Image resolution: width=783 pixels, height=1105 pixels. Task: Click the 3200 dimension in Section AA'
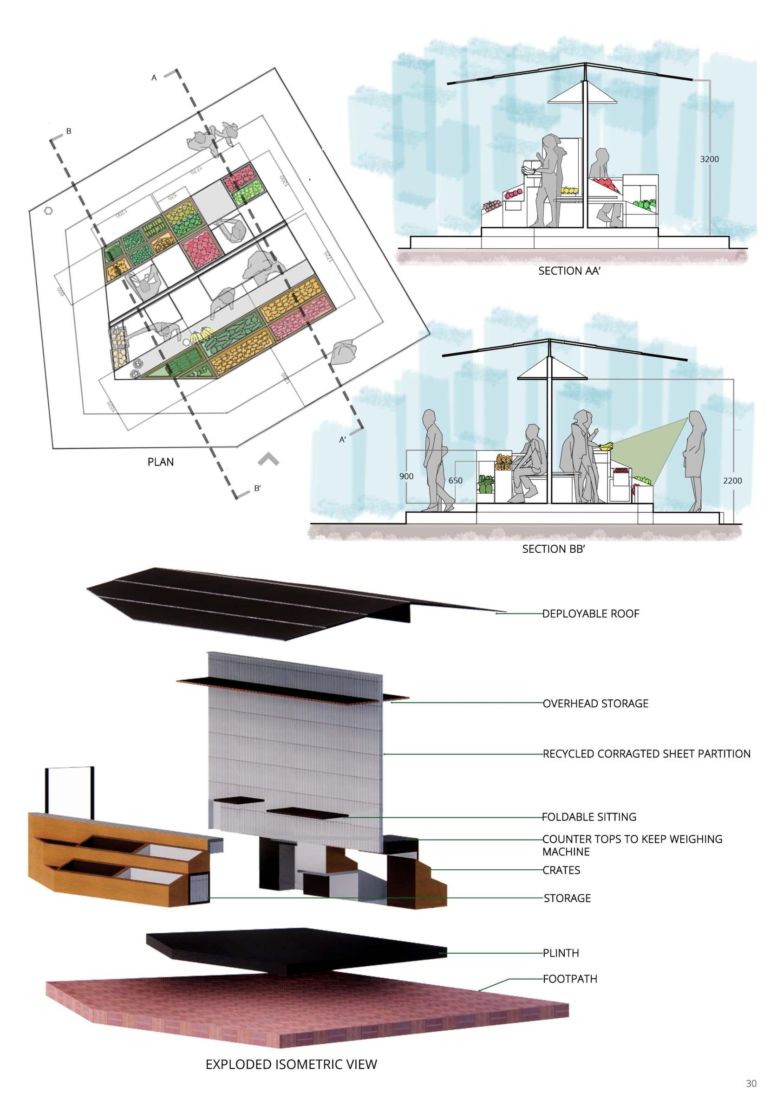pos(709,159)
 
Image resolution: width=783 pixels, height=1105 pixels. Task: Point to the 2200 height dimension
pos(732,480)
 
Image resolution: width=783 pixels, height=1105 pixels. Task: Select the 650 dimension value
pos(455,480)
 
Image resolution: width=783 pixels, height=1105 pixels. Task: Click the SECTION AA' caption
pos(569,271)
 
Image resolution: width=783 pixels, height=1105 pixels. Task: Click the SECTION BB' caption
pos(553,549)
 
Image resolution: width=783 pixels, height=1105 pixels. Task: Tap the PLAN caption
pos(160,462)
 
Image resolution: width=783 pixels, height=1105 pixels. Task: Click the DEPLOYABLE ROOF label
pos(591,614)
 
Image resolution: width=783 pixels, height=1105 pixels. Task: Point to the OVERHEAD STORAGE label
pos(595,703)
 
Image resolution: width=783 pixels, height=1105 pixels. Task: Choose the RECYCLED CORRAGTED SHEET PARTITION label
pos(646,754)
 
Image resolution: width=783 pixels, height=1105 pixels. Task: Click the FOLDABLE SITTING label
pos(589,817)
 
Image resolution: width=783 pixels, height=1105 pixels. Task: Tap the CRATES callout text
pos(561,870)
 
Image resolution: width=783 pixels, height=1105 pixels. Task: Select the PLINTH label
pos(561,953)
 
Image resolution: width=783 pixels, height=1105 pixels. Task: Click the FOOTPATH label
pos(570,979)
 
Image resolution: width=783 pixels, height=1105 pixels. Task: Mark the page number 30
pos(750,1084)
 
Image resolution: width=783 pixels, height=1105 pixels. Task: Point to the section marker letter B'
pos(257,488)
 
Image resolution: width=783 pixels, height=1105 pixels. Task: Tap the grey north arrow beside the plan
pos(268,459)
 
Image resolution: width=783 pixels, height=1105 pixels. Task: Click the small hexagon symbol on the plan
pos(48,211)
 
